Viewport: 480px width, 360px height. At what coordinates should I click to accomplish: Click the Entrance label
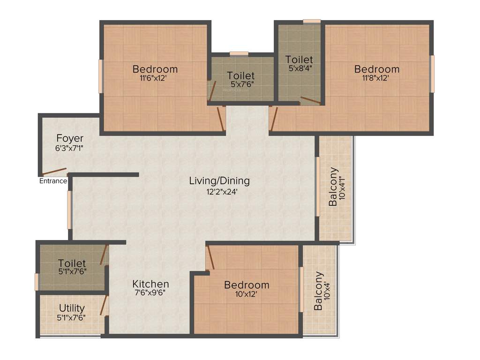tap(53, 181)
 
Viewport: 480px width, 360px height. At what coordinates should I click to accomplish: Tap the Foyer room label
tap(70, 138)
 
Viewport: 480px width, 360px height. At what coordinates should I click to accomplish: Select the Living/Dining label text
tap(219, 180)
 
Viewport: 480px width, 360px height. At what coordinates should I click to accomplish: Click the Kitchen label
tap(150, 284)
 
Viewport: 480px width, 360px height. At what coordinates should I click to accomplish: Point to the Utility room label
tap(72, 308)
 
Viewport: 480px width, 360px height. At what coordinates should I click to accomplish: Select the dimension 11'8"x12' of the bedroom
tap(375, 78)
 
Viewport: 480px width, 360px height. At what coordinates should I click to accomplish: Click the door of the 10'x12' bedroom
tap(210, 258)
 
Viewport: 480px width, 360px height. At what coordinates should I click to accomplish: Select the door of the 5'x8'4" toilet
tap(310, 100)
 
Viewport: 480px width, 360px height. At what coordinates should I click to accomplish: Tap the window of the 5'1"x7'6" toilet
tap(37, 282)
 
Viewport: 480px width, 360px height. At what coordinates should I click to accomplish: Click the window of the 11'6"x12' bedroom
tap(100, 76)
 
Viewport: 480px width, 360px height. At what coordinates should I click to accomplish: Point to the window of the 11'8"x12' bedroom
tap(432, 74)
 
